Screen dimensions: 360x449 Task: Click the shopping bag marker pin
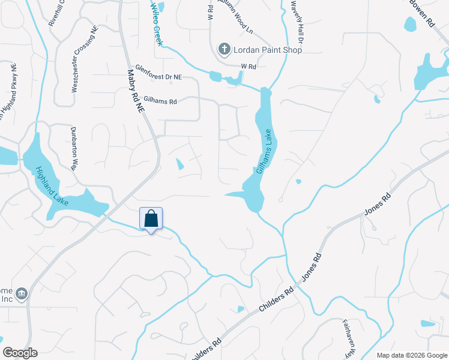tap(151, 219)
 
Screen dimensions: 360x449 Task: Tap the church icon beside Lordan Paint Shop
tap(224, 49)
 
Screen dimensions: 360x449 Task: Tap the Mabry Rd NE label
tap(137, 92)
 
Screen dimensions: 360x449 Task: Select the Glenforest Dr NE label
tap(158, 73)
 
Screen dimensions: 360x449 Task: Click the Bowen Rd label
tap(422, 12)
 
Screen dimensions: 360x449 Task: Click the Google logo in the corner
tap(20, 352)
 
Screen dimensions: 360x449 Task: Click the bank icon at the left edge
tap(22, 293)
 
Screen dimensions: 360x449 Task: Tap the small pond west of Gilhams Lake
tap(179, 163)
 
